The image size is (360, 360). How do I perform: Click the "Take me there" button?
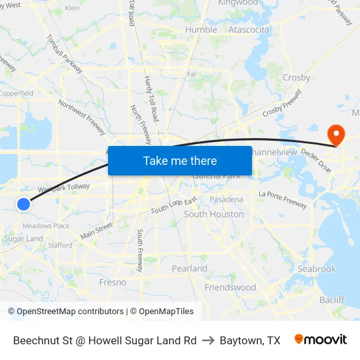tap(180, 160)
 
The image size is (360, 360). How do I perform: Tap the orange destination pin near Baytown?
tap(336, 135)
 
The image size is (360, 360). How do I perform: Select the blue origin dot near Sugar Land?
tap(24, 204)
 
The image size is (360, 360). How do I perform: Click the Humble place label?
tap(201, 29)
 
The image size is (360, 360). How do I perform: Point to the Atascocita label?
tap(249, 29)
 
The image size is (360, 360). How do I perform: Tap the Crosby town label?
tap(296, 77)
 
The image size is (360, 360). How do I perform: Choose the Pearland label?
tap(189, 268)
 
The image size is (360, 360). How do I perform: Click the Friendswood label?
tap(230, 287)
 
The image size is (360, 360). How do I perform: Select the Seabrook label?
tap(316, 268)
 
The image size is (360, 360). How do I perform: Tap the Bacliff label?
tap(332, 300)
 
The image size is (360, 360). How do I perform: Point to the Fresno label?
tap(112, 282)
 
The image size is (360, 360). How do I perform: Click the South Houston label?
tap(213, 214)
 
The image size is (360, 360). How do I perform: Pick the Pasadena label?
tap(226, 199)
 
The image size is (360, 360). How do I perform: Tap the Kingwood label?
tap(238, 3)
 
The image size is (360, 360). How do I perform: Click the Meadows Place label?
tap(46, 226)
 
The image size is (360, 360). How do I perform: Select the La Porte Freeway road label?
tap(283, 199)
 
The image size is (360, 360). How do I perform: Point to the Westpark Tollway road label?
tap(63, 188)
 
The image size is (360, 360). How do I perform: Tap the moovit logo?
tap(320, 340)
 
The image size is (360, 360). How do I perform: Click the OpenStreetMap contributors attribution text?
tap(65, 312)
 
